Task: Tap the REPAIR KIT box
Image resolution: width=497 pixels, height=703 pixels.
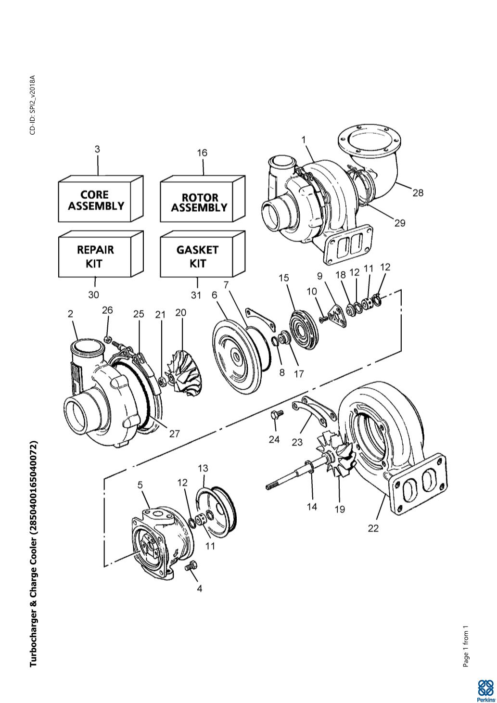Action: pyautogui.click(x=95, y=256)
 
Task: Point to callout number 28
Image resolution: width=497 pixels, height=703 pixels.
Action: pyautogui.click(x=418, y=192)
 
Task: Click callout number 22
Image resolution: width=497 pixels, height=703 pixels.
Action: pyautogui.click(x=373, y=528)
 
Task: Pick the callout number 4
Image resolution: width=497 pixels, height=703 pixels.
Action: pyautogui.click(x=199, y=588)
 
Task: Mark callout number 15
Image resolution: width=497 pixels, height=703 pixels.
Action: pyautogui.click(x=284, y=278)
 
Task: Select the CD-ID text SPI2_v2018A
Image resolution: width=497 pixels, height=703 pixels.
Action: pyautogui.click(x=32, y=105)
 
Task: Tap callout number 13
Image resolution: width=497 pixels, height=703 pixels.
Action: pyautogui.click(x=203, y=468)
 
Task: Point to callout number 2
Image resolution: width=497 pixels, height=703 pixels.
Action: pyautogui.click(x=71, y=314)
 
